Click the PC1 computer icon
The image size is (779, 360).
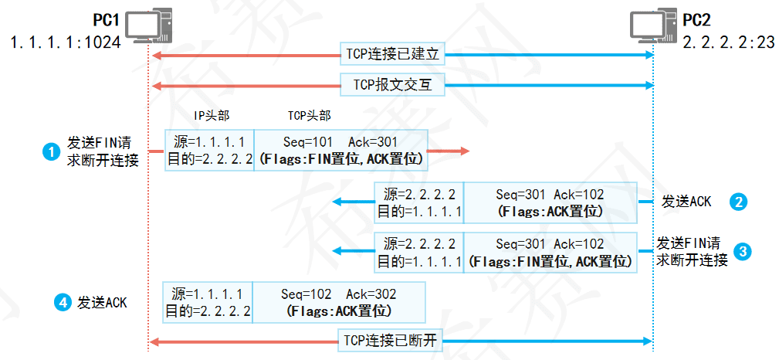147,26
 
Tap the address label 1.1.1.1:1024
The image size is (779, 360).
66,42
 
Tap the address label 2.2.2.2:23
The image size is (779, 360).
730,42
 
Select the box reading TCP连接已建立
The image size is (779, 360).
394,56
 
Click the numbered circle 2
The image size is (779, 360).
739,202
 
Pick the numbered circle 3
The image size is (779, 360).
742,251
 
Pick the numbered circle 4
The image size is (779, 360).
62,303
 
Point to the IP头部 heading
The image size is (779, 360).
211,116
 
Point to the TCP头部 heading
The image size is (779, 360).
309,116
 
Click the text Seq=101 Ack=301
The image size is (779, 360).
340,142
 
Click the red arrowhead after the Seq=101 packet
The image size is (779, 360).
462,151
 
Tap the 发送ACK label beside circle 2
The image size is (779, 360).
686,202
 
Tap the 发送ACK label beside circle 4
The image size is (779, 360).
102,303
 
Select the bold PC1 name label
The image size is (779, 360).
106,17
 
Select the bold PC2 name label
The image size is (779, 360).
697,17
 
